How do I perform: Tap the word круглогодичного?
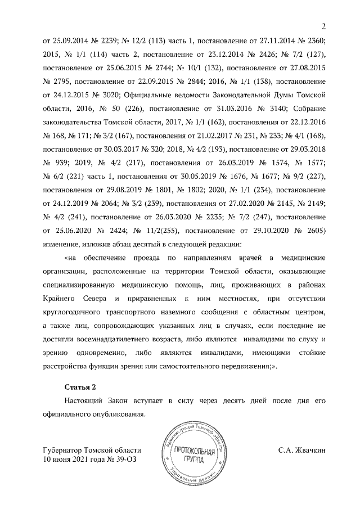[74, 311]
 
